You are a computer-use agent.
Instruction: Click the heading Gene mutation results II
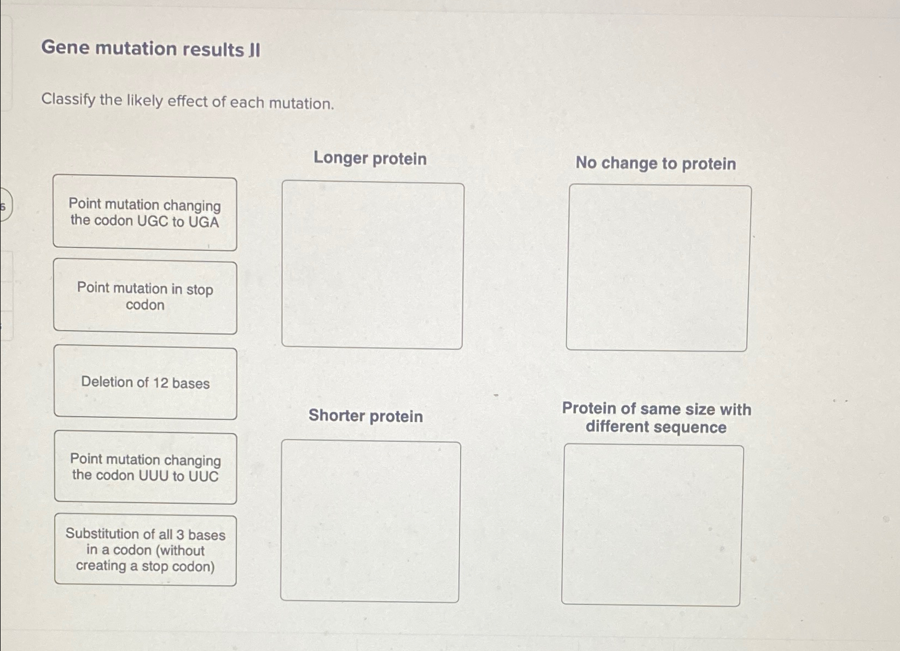coord(151,49)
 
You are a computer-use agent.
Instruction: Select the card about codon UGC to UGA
coord(145,213)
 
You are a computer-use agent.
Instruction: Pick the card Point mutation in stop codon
coord(145,296)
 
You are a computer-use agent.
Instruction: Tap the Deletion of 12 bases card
coord(146,382)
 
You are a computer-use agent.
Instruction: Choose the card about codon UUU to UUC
coord(146,468)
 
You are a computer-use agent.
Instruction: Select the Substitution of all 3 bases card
coord(146,550)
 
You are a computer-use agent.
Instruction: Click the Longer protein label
coord(370,158)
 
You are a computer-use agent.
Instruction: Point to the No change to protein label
coord(655,163)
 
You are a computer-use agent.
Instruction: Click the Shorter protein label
coord(365,416)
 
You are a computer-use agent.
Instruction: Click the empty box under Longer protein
coord(372,266)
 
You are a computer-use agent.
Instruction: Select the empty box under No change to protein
coord(658,268)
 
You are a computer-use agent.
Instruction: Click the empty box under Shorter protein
coord(370,522)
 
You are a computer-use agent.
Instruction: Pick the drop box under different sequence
coord(652,525)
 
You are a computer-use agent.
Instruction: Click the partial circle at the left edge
coord(4,205)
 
